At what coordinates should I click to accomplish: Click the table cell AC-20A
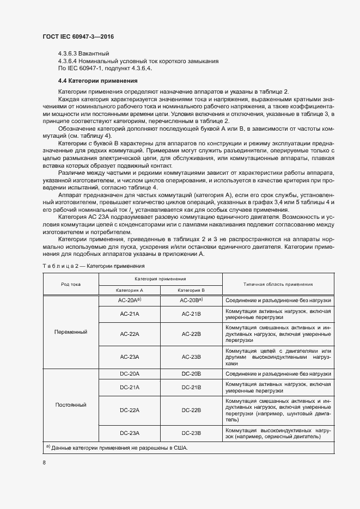point(130,300)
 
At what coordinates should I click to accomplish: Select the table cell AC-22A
point(130,334)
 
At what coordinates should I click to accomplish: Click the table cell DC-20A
point(130,374)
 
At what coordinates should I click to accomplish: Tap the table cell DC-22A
point(130,410)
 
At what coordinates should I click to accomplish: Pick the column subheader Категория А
point(130,291)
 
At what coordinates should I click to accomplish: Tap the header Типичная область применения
point(278,284)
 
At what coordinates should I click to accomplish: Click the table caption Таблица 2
point(93,266)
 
